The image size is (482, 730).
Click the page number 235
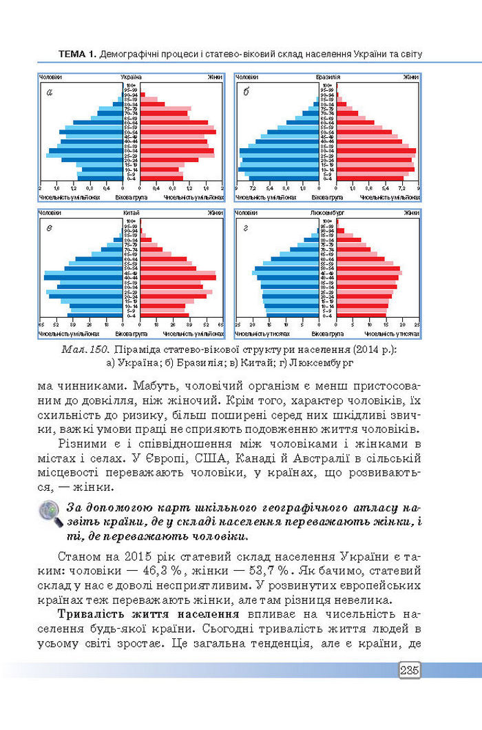409,670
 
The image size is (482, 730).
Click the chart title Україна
131,77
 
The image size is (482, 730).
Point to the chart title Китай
131,212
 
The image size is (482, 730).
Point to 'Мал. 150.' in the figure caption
83,349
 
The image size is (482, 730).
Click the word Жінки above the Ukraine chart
214,77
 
